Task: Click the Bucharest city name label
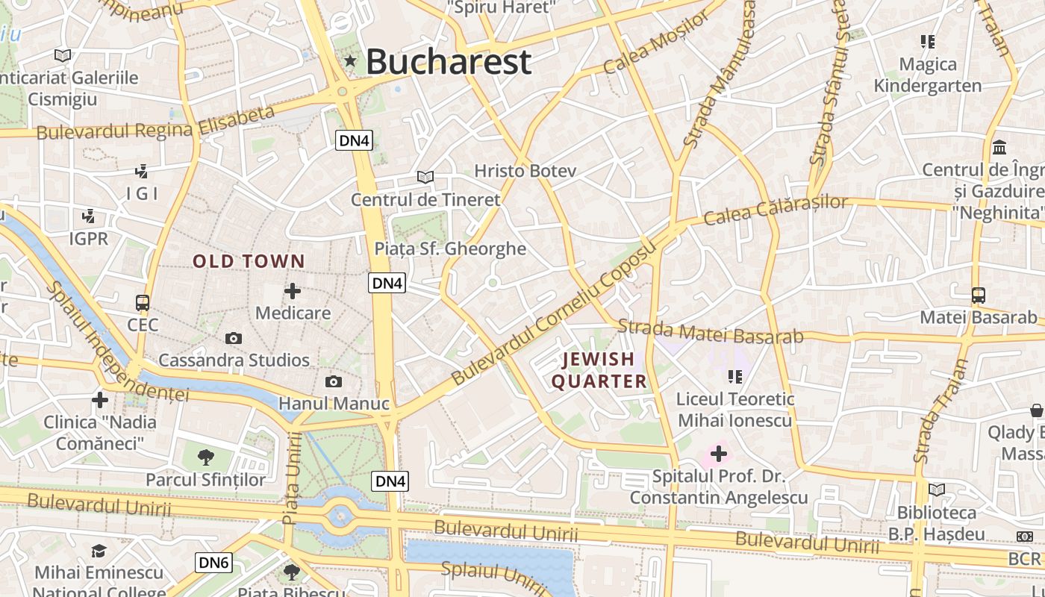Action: coord(449,61)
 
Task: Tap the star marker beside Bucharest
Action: coord(350,60)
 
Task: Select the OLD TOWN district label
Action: coord(249,261)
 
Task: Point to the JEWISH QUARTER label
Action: coord(599,370)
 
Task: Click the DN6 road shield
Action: coord(213,562)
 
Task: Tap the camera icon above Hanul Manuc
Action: coord(334,382)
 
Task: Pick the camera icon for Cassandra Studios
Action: coord(234,339)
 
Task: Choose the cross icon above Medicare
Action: coord(293,291)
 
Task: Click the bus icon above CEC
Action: coord(143,303)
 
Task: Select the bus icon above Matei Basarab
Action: coord(979,296)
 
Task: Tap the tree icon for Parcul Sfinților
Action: coord(206,457)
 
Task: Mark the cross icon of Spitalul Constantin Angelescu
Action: coord(719,453)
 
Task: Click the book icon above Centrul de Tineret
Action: coord(425,178)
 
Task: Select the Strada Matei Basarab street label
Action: coord(711,332)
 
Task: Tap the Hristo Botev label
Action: coord(525,171)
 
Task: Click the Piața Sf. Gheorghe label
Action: coord(450,249)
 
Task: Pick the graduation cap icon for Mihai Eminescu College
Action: coord(99,551)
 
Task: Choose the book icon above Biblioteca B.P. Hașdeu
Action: coord(936,490)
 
